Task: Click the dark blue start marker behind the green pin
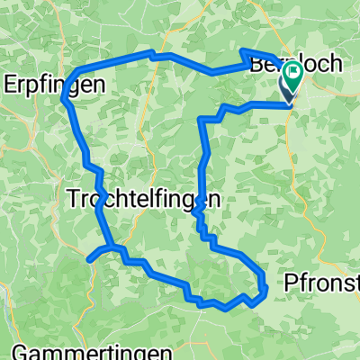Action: pos(288,91)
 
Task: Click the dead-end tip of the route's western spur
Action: pos(90,260)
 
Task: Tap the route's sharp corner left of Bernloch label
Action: pos(244,51)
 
